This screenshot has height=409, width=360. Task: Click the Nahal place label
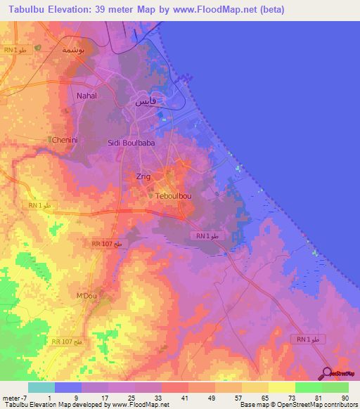86,95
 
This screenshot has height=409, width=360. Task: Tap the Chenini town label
65,140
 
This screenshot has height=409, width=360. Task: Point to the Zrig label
143,176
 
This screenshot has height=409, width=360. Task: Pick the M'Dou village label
86,296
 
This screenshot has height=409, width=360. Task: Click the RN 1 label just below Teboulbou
207,236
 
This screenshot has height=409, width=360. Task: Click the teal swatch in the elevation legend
41,387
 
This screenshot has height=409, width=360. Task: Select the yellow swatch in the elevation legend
281,387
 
